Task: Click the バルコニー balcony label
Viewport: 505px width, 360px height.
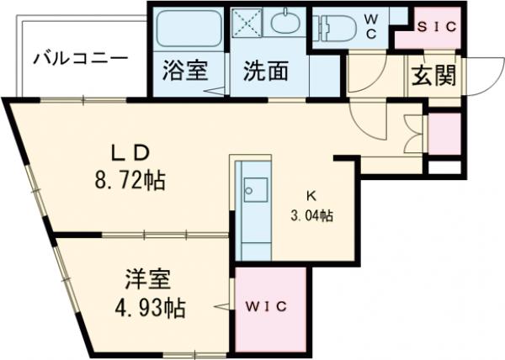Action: [x=80, y=59]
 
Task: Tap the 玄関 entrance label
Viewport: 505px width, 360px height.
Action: [x=434, y=76]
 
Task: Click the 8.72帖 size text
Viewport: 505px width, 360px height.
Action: [x=130, y=179]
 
